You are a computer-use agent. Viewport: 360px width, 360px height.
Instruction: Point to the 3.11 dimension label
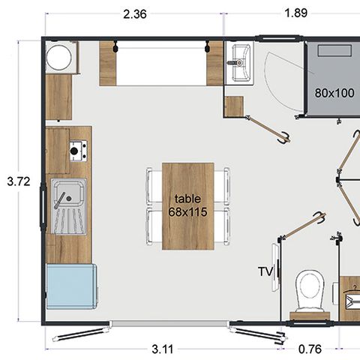tap(159, 348)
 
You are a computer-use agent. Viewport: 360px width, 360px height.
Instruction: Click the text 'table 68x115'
tap(187, 205)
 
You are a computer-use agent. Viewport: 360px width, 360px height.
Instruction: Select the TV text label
tap(264, 271)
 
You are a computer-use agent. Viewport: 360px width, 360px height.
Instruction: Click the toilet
tap(309, 290)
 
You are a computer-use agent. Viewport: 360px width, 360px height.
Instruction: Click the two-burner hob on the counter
tap(77, 151)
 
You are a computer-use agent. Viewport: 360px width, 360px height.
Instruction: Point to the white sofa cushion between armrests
tap(161, 66)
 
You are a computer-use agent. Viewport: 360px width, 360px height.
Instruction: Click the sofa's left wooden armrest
tap(108, 64)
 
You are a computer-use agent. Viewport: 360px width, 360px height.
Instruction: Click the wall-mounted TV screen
tap(276, 271)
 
